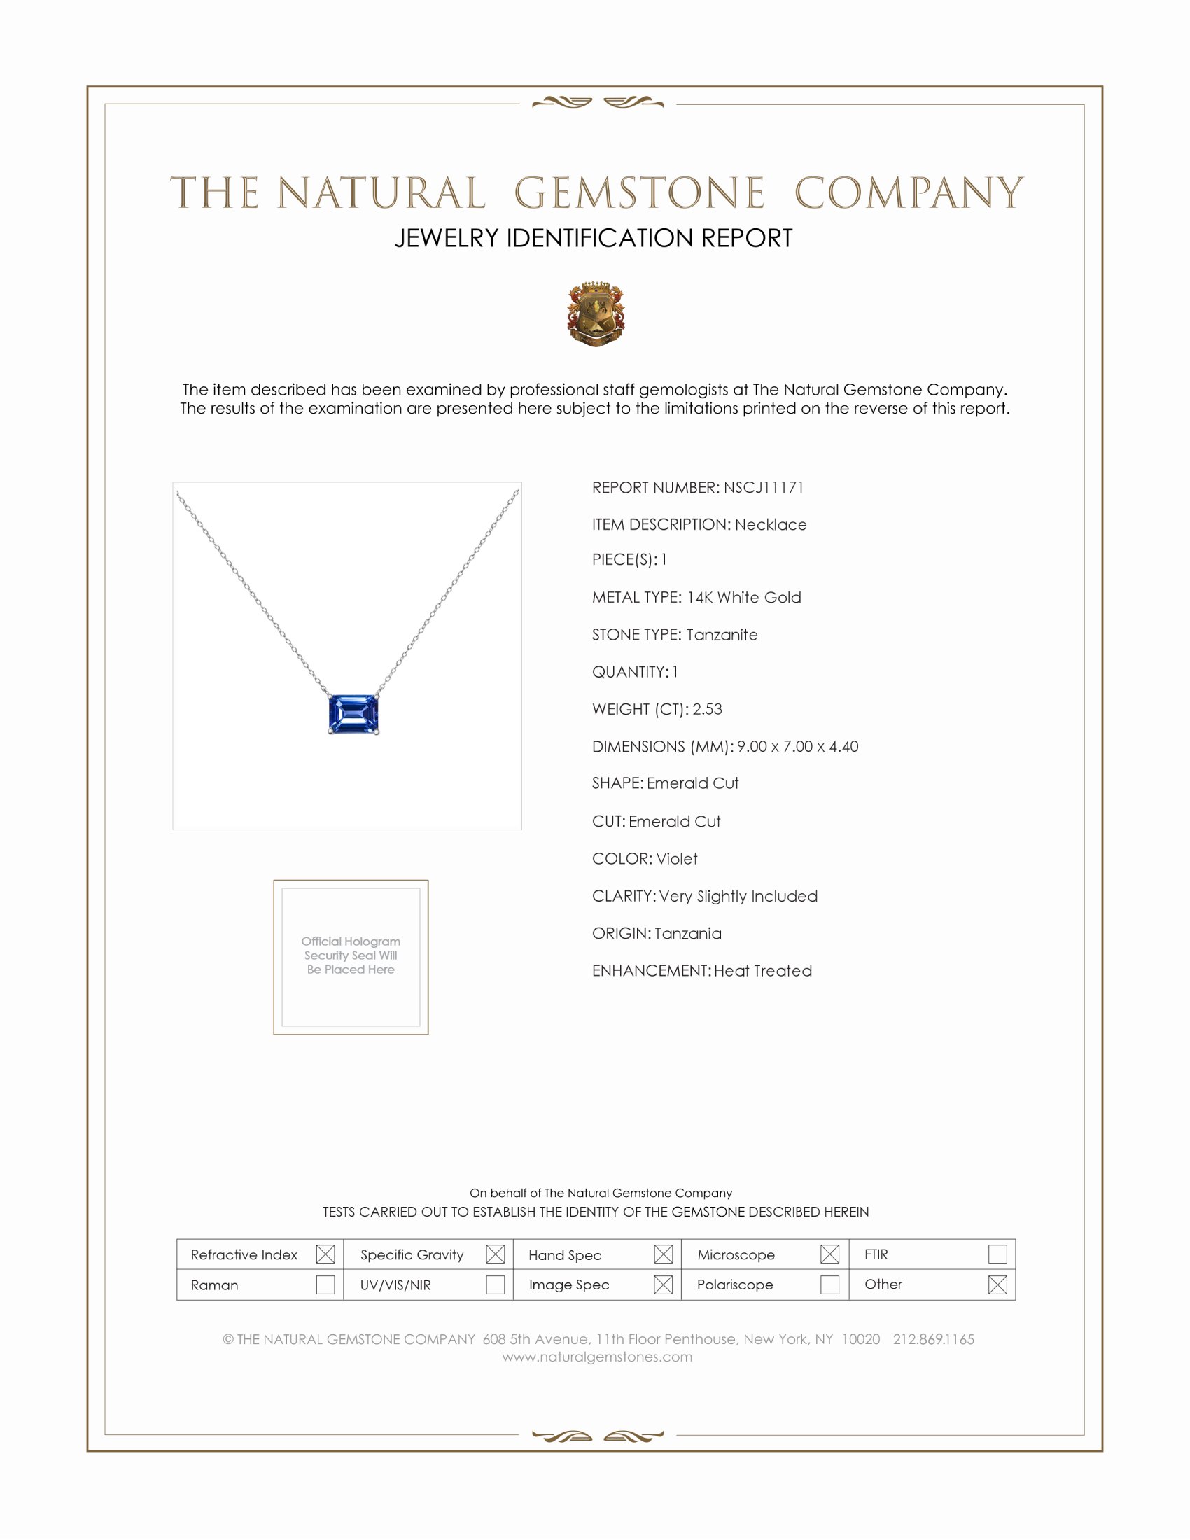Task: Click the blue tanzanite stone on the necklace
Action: (x=353, y=713)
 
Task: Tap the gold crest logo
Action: (x=596, y=314)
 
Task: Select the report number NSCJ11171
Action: (x=764, y=488)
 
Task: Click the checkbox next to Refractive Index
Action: (x=325, y=1254)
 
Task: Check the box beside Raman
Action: (x=325, y=1284)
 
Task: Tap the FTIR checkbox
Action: (x=997, y=1254)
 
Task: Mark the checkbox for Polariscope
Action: (x=829, y=1284)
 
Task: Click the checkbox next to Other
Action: (x=997, y=1284)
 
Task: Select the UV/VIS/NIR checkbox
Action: (x=496, y=1284)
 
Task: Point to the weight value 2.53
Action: (x=707, y=709)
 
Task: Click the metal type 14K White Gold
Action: (x=743, y=598)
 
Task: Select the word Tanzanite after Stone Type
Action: (x=722, y=636)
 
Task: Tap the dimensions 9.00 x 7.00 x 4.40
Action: (x=797, y=747)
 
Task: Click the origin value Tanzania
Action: (x=687, y=934)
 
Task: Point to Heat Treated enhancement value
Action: (x=763, y=971)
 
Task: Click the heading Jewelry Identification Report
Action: (x=594, y=238)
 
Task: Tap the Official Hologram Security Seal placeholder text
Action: (x=351, y=955)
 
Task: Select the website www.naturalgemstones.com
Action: (x=597, y=1357)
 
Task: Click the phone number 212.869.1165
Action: (x=933, y=1339)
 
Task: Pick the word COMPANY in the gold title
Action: (x=909, y=193)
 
